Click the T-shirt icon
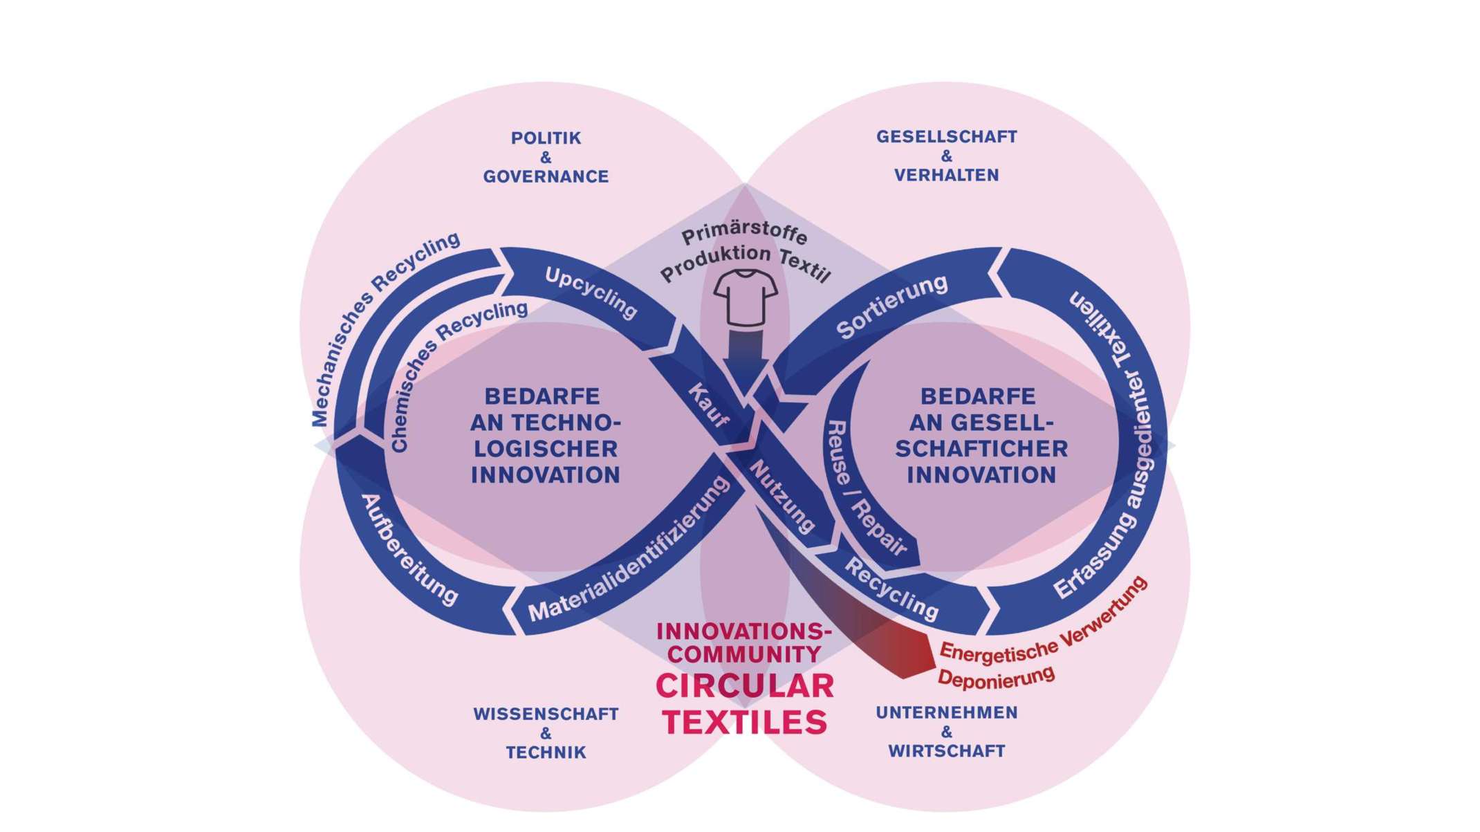coord(745,298)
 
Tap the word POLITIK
coord(546,138)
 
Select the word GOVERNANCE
coord(546,177)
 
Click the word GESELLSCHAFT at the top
coord(946,137)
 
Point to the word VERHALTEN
coord(946,176)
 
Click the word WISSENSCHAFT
coord(546,714)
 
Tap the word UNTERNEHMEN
coord(946,713)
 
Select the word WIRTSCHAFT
coord(946,751)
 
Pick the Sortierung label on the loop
coord(891,306)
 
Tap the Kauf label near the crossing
coord(708,405)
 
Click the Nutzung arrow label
coord(782,497)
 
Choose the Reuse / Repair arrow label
coord(864,488)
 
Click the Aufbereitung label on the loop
coord(408,551)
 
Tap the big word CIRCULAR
coord(745,687)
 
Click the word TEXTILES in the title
coord(745,723)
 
